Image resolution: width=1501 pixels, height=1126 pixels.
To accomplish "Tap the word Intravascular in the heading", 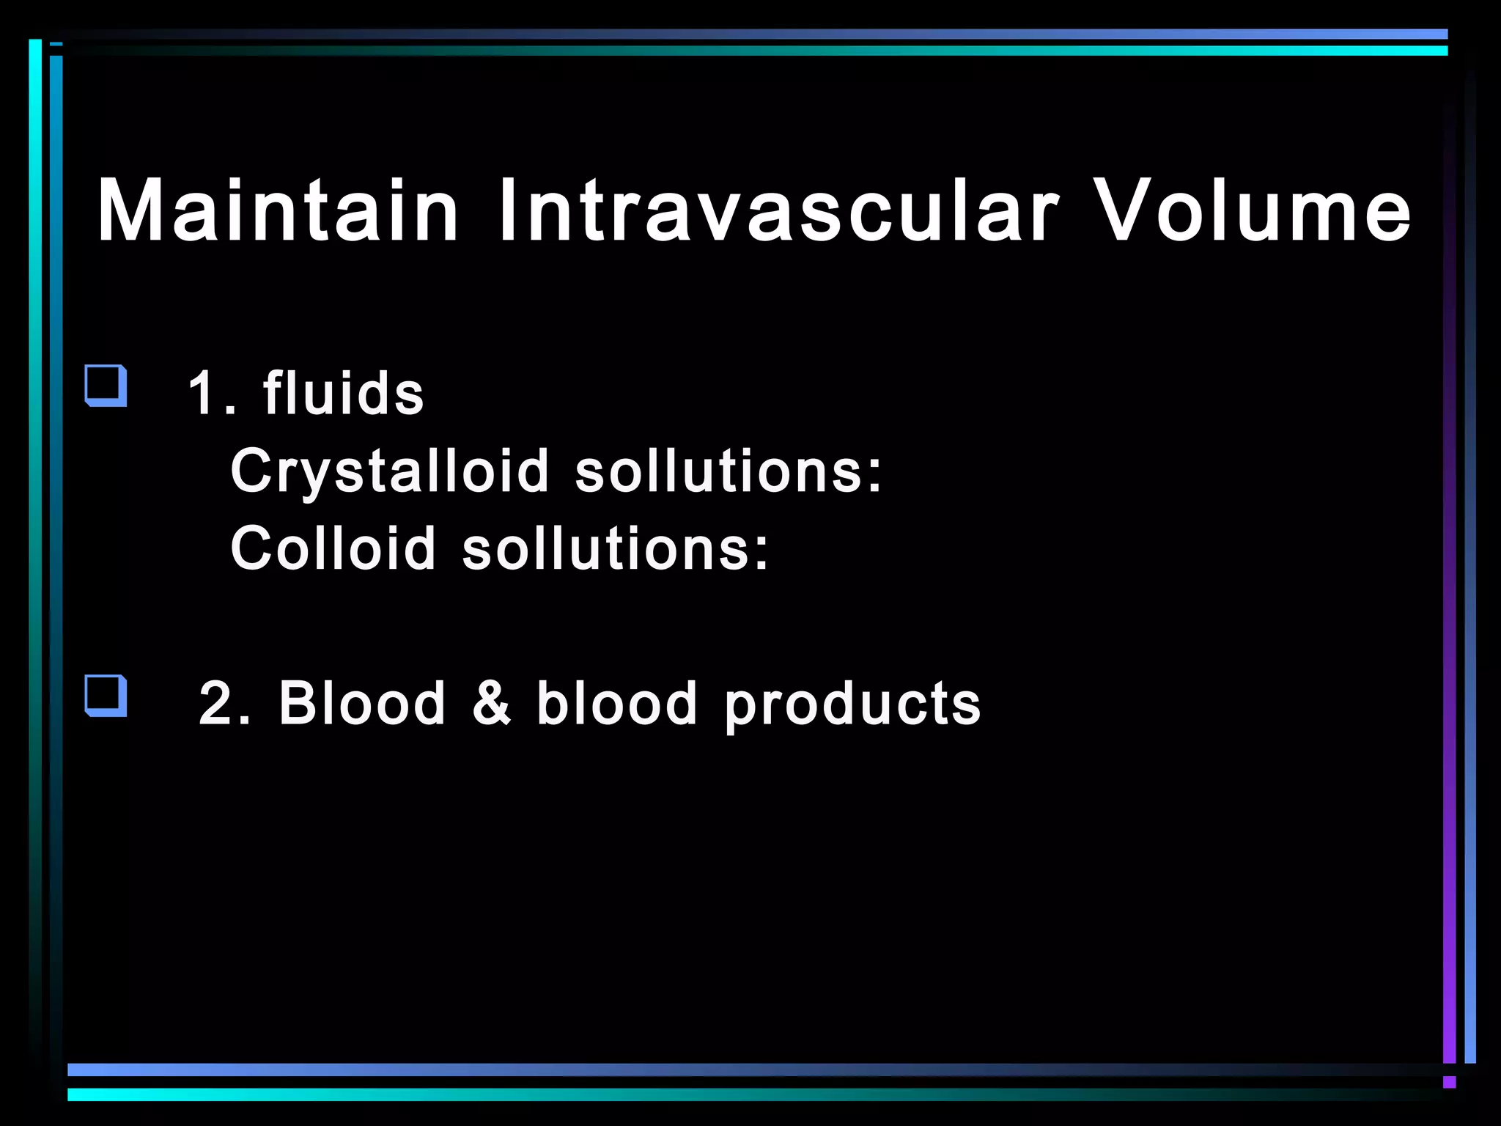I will (x=777, y=210).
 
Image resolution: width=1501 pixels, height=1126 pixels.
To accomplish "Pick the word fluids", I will (x=343, y=394).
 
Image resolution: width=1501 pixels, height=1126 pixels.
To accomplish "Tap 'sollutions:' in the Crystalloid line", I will (x=729, y=471).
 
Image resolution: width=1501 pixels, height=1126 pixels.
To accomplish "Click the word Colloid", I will (x=333, y=548).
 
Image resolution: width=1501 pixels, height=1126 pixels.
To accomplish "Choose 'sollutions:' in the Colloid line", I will (x=616, y=548).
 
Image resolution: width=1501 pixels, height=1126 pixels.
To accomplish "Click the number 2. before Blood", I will (x=224, y=704).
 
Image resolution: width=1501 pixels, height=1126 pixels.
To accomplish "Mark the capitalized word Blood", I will (x=362, y=704).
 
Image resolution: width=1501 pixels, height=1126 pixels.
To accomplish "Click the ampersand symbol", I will (x=491, y=704).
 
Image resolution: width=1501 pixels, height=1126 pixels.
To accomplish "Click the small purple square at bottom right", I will (x=1449, y=1082).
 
